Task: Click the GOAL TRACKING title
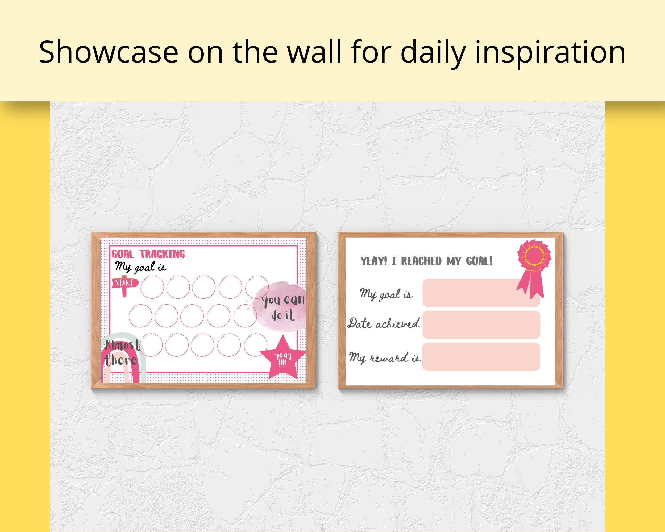(148, 254)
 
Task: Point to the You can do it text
(283, 307)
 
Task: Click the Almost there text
(122, 353)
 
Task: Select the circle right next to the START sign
(152, 287)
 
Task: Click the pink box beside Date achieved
(481, 325)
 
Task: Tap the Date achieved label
(384, 323)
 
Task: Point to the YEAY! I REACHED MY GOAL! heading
(427, 261)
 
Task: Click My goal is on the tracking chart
(141, 267)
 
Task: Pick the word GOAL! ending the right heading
(479, 261)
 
